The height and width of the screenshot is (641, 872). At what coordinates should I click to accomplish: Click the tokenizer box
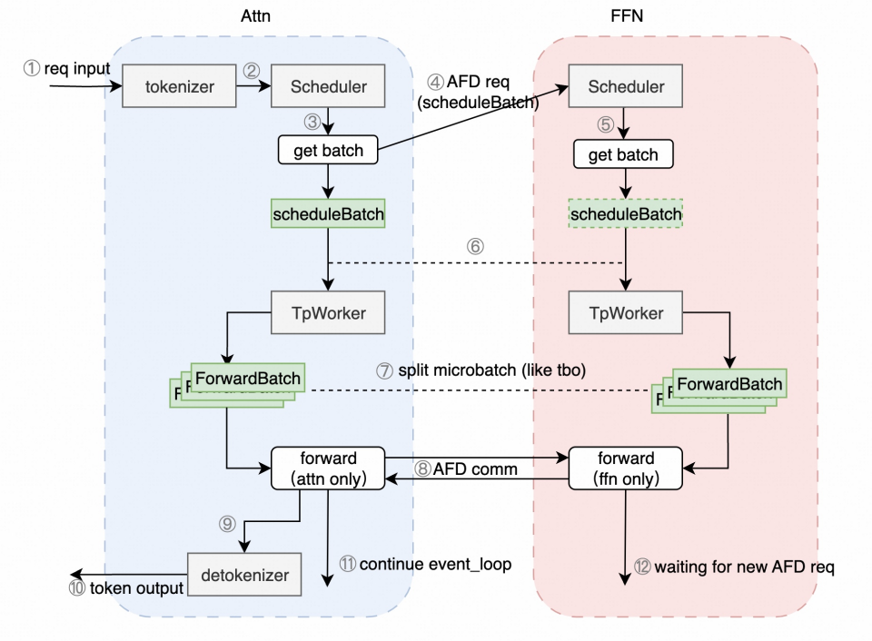coord(179,87)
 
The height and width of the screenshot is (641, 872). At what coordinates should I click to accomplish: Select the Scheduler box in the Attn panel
coord(329,87)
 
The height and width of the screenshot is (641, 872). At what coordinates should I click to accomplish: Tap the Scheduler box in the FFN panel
coord(626,87)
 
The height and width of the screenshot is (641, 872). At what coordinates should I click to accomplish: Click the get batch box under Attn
coord(329,152)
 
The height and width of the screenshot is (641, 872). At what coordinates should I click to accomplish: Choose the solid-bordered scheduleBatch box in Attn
coord(329,214)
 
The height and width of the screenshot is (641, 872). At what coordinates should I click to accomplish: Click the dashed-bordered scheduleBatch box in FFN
coord(625,214)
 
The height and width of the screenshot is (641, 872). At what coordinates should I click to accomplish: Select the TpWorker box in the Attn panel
coord(329,313)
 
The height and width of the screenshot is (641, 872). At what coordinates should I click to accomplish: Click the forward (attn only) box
coord(329,468)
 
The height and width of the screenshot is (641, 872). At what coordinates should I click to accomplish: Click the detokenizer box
coord(245,574)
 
